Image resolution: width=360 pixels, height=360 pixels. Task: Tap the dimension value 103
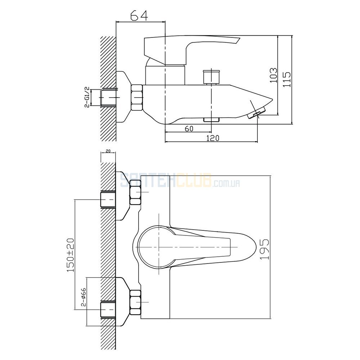(273, 75)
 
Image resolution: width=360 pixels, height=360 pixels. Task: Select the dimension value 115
(287, 80)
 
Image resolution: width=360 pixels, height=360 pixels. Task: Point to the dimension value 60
(189, 129)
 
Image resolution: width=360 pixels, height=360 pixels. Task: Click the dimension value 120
(213, 138)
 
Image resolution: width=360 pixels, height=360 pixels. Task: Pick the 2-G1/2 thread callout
(87, 97)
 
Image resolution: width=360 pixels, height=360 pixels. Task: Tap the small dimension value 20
(108, 151)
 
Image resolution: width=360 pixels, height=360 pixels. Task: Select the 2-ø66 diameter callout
(84, 297)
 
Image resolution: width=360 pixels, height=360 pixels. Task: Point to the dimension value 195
(265, 249)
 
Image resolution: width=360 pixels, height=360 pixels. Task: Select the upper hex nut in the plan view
(135, 192)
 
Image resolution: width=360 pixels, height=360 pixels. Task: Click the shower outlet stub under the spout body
(211, 120)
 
